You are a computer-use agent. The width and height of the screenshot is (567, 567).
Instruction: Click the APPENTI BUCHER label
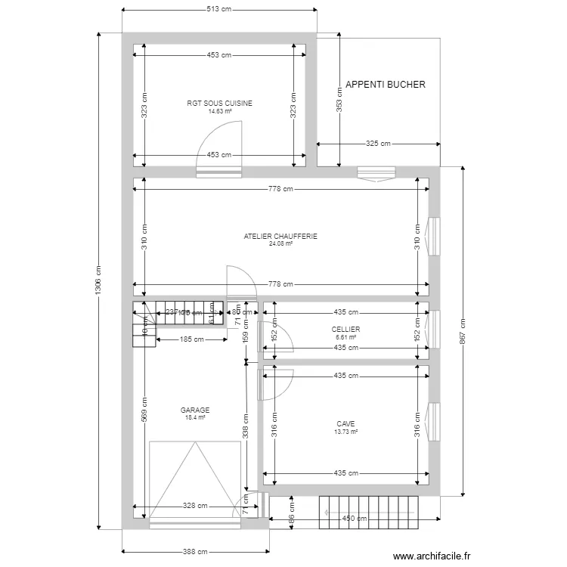[385, 85]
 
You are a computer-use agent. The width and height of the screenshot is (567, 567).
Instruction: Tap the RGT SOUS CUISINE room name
[220, 104]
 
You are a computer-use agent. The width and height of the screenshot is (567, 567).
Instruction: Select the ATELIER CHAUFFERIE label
[280, 237]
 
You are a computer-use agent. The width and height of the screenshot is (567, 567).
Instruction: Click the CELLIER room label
[345, 330]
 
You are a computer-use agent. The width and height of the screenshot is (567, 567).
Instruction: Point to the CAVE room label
[345, 424]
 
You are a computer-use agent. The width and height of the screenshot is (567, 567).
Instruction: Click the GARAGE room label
[195, 410]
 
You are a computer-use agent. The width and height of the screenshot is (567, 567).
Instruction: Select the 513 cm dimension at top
[219, 10]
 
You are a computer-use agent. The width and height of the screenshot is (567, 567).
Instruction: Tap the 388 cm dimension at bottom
[195, 553]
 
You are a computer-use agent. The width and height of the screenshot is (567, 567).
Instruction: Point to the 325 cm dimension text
[378, 144]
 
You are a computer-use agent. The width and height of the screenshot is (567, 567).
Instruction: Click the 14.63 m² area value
[220, 111]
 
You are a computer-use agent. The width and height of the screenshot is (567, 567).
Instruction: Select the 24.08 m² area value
[280, 244]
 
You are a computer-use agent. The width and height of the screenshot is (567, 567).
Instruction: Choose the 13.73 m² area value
[345, 432]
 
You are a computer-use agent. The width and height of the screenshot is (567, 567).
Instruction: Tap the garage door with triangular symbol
[195, 480]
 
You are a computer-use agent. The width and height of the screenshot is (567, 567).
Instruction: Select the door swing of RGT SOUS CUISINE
[220, 147]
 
